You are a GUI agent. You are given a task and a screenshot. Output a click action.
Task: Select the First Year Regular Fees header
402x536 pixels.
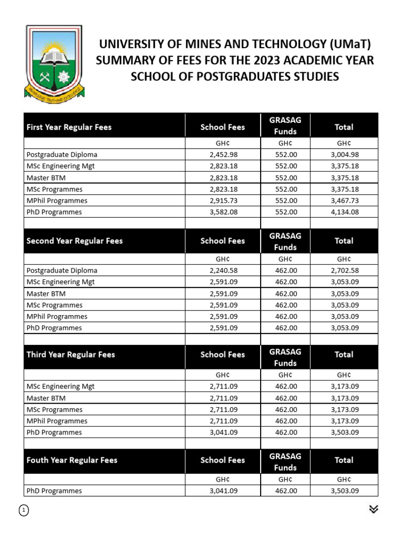(x=69, y=127)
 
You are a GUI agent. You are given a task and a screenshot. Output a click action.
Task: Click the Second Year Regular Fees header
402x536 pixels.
(x=75, y=241)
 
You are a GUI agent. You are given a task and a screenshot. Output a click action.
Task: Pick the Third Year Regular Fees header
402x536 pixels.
(x=71, y=354)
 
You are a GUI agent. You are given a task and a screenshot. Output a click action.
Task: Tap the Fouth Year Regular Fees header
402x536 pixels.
(x=72, y=460)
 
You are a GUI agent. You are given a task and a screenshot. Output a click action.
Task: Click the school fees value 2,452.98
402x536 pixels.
(x=223, y=154)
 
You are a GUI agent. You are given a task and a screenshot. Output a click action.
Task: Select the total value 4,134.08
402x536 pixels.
(x=344, y=212)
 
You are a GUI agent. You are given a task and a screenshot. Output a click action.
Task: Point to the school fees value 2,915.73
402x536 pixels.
(x=223, y=200)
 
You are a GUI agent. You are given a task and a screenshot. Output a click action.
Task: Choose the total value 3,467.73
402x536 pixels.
(x=344, y=200)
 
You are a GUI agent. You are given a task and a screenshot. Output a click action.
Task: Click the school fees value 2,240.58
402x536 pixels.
(x=223, y=271)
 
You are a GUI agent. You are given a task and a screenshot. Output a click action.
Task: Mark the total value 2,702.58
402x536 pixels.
(x=344, y=271)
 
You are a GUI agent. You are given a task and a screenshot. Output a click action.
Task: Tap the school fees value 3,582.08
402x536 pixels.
(x=223, y=212)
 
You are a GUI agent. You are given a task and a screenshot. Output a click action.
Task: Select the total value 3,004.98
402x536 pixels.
(x=344, y=154)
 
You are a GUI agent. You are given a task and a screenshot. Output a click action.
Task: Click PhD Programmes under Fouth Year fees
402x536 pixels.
(x=54, y=491)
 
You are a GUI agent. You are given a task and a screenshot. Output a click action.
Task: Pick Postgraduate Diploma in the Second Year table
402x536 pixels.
(x=62, y=271)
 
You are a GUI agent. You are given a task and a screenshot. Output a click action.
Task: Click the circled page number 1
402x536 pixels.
(x=24, y=511)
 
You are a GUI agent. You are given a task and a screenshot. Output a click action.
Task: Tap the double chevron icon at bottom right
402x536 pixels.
(x=373, y=509)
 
